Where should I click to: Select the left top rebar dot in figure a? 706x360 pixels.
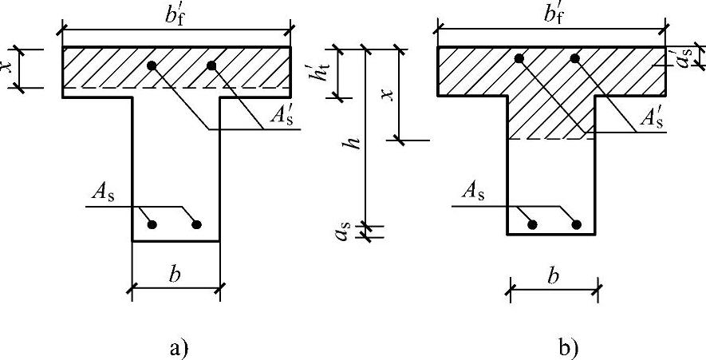pos(149,65)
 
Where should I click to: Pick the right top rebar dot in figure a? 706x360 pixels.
pos(211,65)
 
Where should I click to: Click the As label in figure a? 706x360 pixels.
pos(103,191)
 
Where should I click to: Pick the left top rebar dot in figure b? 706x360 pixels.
pos(519,58)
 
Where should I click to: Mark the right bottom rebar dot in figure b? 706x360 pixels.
pos(579,225)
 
